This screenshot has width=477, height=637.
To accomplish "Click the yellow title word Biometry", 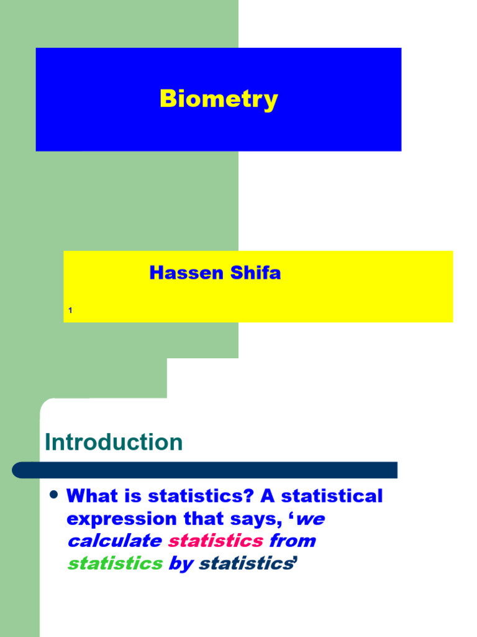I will click(219, 100).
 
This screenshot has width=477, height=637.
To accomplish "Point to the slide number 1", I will click(70, 310).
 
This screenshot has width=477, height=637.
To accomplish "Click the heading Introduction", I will click(114, 442).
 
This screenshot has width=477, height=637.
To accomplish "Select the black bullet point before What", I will click(53, 495).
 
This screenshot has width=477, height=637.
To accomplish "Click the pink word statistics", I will click(216, 541).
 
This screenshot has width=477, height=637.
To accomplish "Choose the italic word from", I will click(293, 541).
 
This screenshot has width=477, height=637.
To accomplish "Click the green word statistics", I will click(115, 563).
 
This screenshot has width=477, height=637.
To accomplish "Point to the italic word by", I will click(181, 564).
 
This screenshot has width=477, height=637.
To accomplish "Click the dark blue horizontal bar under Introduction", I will click(205, 470).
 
